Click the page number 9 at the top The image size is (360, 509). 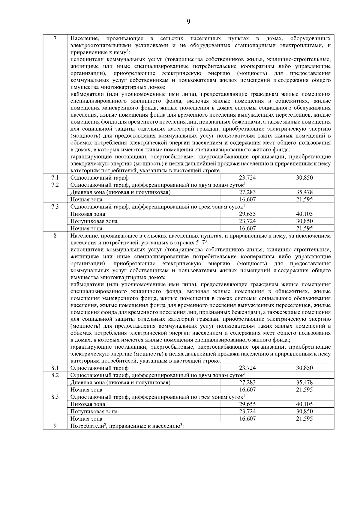pos(188,21)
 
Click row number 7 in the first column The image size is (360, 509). pos(55,39)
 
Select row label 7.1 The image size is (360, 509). pos(55,177)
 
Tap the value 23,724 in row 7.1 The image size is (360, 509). pos(247,177)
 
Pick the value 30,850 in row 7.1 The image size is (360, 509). pos(304,177)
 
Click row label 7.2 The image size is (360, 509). pos(55,185)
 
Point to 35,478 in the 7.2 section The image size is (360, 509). pos(304,192)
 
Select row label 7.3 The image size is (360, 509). pos(55,207)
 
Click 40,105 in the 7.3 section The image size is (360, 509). pos(304,214)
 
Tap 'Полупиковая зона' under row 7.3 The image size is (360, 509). pos(94,221)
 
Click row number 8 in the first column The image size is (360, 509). pos(55,236)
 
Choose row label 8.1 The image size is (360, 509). pos(55,368)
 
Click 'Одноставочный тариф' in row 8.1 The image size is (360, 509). pos(99,368)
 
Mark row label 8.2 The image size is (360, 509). pos(55,375)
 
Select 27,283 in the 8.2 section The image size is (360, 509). pos(247,382)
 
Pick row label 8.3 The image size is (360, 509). pos(55,397)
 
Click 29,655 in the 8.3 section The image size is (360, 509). pos(247,404)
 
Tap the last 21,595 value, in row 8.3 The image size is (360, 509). pos(304,419)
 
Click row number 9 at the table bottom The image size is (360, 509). pos(55,426)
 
